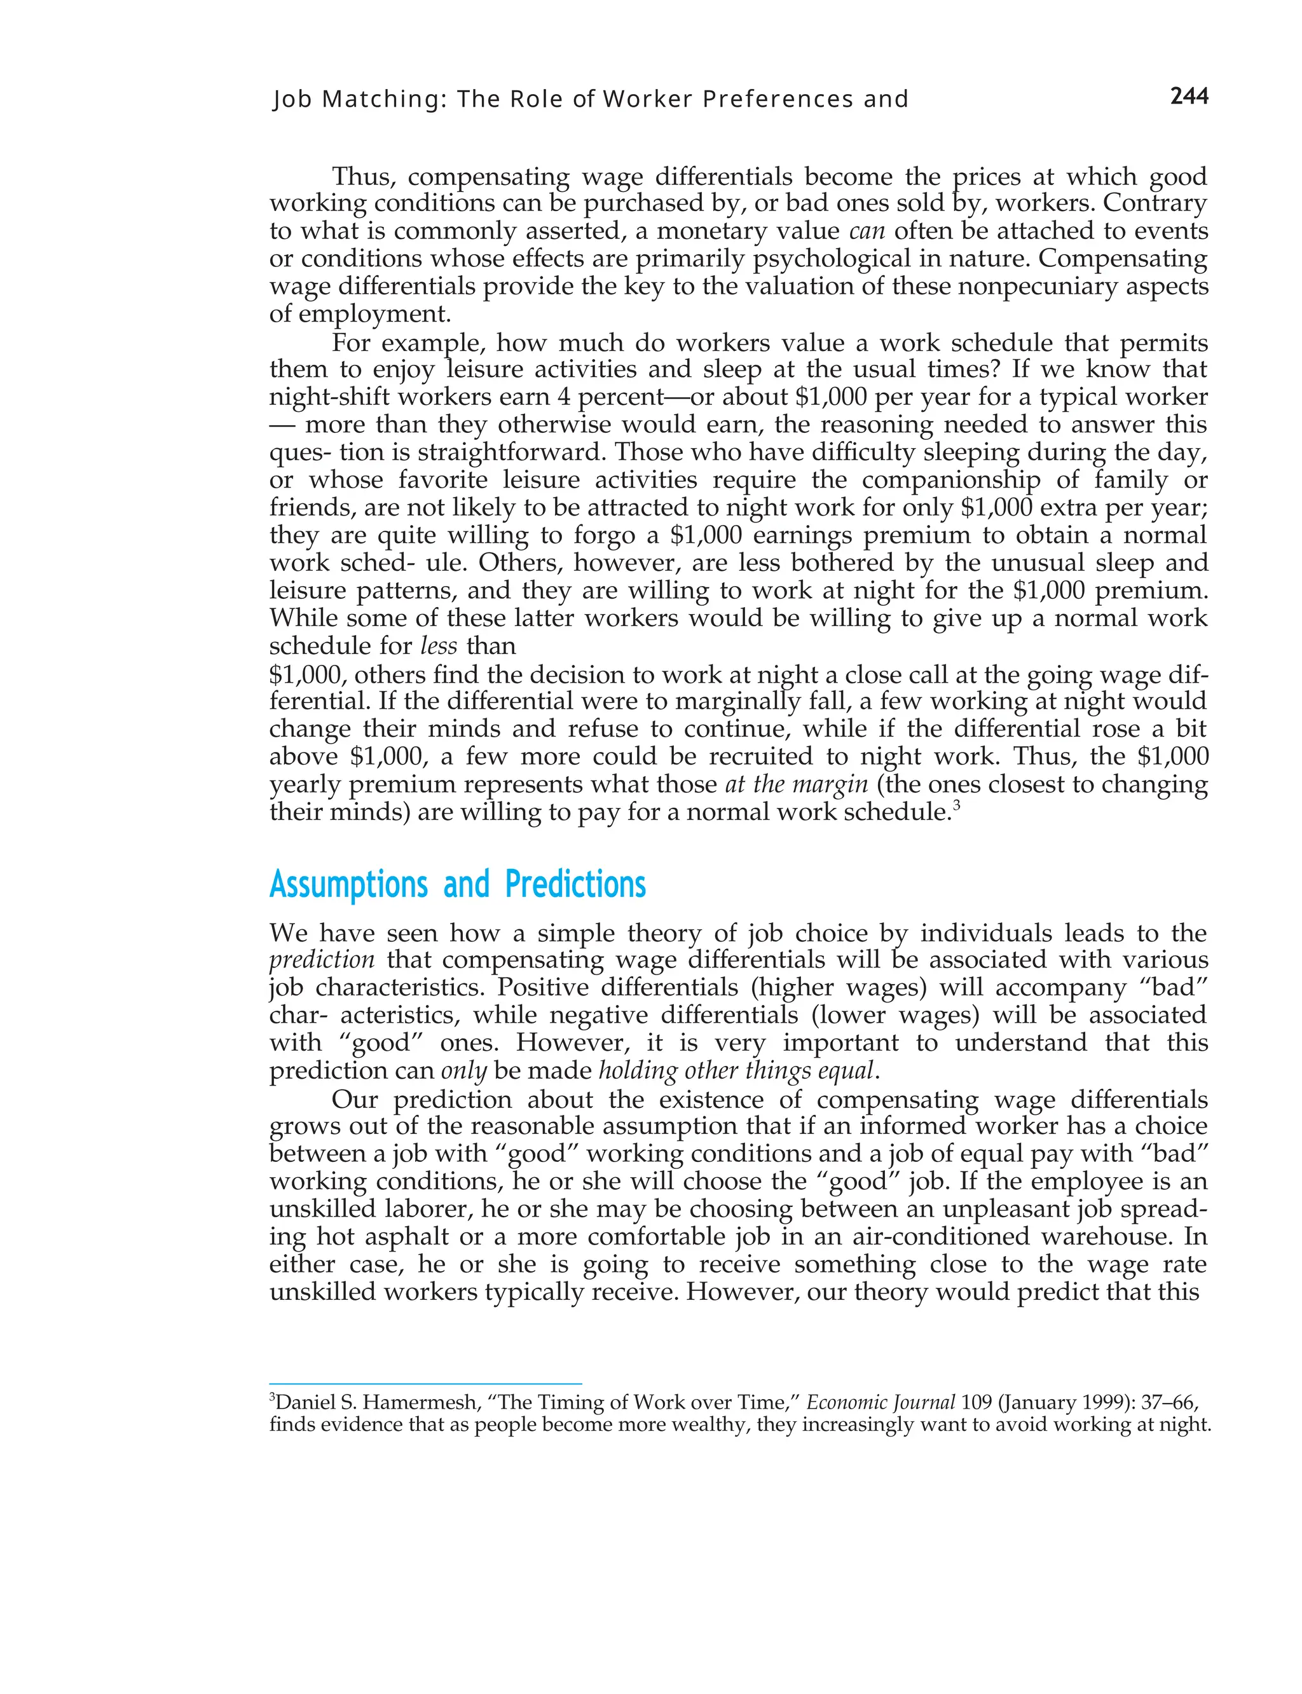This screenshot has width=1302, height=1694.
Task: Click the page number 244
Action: point(1189,96)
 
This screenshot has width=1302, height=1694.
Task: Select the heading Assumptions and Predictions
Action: point(457,884)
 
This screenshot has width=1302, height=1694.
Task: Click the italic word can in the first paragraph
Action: point(867,231)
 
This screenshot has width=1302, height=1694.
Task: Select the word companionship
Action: point(951,480)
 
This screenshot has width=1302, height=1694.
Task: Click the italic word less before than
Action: point(439,646)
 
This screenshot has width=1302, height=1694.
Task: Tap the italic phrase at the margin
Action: point(797,784)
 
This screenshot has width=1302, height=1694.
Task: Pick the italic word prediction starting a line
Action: point(322,960)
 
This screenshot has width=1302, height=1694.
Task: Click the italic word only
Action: point(463,1071)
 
